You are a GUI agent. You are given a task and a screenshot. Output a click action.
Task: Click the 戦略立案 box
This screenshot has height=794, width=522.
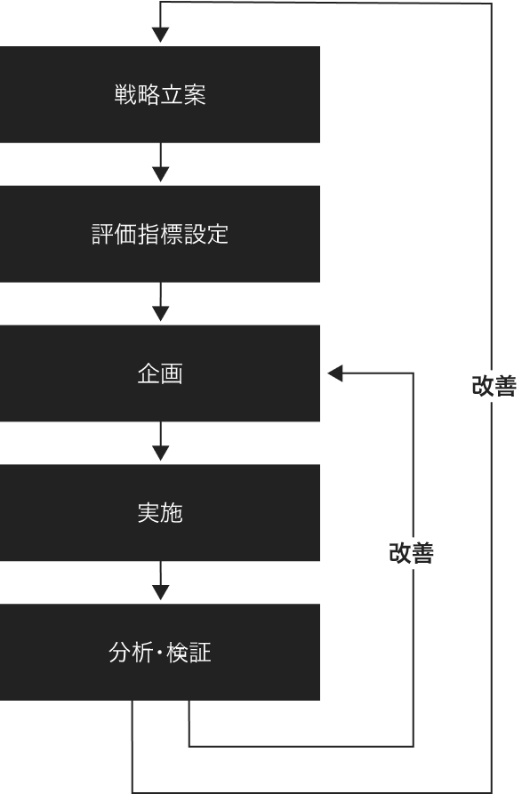(x=160, y=94)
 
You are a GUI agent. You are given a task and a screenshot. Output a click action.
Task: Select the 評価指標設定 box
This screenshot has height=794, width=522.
(x=160, y=234)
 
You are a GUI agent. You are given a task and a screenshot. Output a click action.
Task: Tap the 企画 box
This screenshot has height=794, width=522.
(x=160, y=373)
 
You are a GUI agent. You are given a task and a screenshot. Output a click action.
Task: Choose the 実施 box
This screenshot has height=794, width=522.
(x=160, y=512)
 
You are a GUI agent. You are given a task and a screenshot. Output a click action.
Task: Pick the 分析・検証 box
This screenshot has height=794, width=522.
(x=160, y=653)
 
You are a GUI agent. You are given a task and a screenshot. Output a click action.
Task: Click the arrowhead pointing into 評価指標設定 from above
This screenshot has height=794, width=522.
(x=160, y=174)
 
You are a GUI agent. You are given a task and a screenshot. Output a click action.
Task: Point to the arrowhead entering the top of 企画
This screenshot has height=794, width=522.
(x=160, y=314)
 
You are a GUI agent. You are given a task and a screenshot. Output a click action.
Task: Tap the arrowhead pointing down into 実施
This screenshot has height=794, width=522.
(x=160, y=453)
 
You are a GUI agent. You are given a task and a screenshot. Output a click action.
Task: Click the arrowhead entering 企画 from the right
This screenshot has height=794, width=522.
(x=335, y=373)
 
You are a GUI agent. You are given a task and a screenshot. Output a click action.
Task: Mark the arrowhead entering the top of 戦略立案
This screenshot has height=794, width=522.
(x=160, y=35)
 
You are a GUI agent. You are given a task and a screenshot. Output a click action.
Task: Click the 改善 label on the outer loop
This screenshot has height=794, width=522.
(x=494, y=386)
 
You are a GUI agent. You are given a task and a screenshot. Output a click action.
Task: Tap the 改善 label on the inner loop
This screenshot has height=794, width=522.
(x=412, y=552)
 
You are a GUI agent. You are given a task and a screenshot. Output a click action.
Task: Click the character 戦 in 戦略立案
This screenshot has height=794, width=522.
(x=125, y=94)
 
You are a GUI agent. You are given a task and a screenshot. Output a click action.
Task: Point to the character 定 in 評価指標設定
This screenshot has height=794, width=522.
(x=217, y=234)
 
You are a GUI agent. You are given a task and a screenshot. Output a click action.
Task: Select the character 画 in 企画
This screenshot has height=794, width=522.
(x=172, y=373)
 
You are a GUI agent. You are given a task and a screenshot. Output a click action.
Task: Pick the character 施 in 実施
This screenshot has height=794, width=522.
(x=172, y=513)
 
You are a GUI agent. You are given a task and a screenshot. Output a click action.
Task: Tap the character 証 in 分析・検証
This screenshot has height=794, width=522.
(x=200, y=653)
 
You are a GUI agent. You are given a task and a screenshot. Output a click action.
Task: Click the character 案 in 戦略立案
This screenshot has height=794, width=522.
(x=195, y=94)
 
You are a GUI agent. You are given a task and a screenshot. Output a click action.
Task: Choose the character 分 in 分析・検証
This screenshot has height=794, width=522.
(x=120, y=653)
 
